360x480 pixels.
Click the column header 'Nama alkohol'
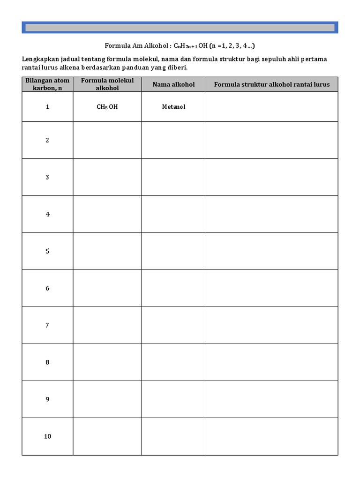point(173,84)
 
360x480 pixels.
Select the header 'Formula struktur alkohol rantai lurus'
point(272,84)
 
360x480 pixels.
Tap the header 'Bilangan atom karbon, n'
point(47,84)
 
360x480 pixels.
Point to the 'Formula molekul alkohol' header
point(107,84)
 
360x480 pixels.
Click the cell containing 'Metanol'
point(173,107)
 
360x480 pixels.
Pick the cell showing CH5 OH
point(107,107)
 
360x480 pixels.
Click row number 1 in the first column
point(47,107)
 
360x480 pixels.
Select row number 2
point(47,140)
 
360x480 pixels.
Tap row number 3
point(47,177)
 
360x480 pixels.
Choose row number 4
point(47,214)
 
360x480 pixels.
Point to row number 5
point(47,251)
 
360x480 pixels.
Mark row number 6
point(47,288)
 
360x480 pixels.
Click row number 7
point(47,325)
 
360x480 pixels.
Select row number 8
point(47,362)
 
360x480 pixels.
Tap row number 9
point(47,399)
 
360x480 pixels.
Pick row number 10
point(47,436)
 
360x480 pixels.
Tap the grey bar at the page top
point(180,28)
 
